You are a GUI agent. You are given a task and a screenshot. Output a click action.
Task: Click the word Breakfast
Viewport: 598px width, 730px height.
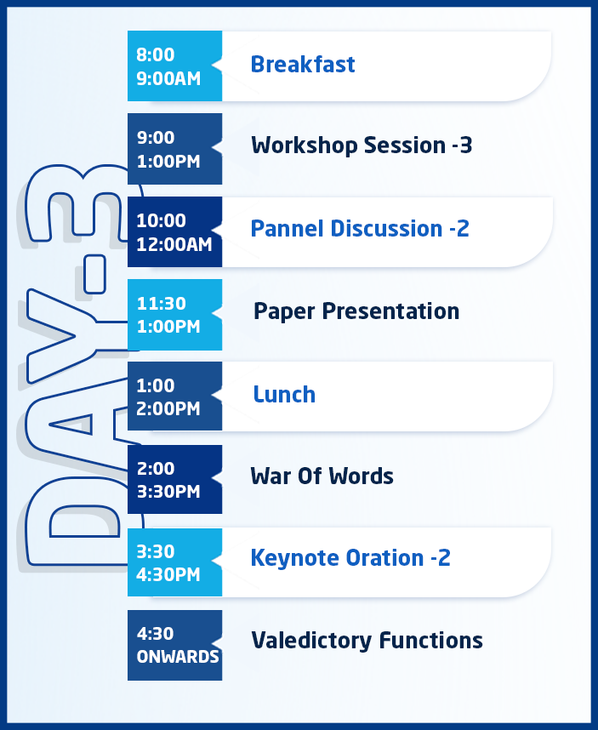click(303, 65)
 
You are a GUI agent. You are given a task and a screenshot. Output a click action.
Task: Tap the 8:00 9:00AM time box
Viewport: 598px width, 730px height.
click(174, 66)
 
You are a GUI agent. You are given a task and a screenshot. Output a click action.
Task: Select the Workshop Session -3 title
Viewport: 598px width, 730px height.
click(362, 145)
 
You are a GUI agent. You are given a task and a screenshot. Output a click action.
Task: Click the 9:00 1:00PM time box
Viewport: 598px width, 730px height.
click(174, 149)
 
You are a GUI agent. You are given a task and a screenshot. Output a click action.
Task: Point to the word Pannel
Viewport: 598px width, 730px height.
click(288, 229)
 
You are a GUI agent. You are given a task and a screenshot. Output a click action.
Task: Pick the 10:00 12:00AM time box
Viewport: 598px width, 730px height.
click(174, 232)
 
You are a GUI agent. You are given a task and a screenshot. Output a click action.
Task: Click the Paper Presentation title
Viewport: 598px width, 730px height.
click(356, 311)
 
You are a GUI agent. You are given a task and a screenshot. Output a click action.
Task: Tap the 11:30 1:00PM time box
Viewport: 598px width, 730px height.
click(174, 315)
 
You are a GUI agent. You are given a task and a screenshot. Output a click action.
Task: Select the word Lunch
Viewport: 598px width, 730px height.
click(284, 394)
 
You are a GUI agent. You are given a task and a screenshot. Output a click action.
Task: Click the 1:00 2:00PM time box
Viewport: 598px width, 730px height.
click(174, 396)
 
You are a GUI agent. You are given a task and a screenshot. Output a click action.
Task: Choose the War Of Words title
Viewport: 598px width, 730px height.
click(322, 476)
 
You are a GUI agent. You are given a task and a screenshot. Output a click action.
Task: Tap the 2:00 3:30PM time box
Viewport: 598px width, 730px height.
click(174, 480)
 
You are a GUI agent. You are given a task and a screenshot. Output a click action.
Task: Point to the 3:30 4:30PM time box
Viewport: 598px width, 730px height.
click(174, 562)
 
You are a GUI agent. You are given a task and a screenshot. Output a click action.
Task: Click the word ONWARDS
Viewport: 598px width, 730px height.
click(178, 657)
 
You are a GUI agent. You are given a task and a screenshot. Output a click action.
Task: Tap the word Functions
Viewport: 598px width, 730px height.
click(431, 640)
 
